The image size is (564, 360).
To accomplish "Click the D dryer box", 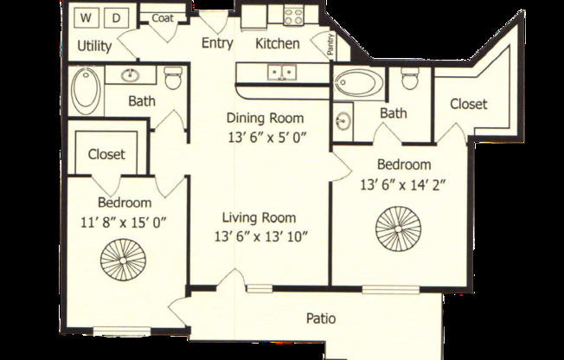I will coord(119,16).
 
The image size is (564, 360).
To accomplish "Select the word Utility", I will coord(93,46).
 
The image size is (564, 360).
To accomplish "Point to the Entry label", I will coord(217,43).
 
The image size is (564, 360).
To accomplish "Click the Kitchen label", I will coord(278,43).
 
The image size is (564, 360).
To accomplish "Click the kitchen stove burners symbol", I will coord(291,16).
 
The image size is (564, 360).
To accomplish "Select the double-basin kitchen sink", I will coord(279,72).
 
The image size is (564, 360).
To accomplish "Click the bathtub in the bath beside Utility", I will coord(86,91).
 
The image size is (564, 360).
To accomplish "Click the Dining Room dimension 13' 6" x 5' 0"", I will coord(267,136).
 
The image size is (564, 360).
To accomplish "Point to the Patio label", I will coord(321,318).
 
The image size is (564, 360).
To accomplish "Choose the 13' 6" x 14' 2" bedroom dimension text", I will coord(402,183).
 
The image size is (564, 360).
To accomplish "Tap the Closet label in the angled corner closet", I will coord(468,104).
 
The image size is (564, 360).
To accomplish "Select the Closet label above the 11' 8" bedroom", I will coord(106,155).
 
